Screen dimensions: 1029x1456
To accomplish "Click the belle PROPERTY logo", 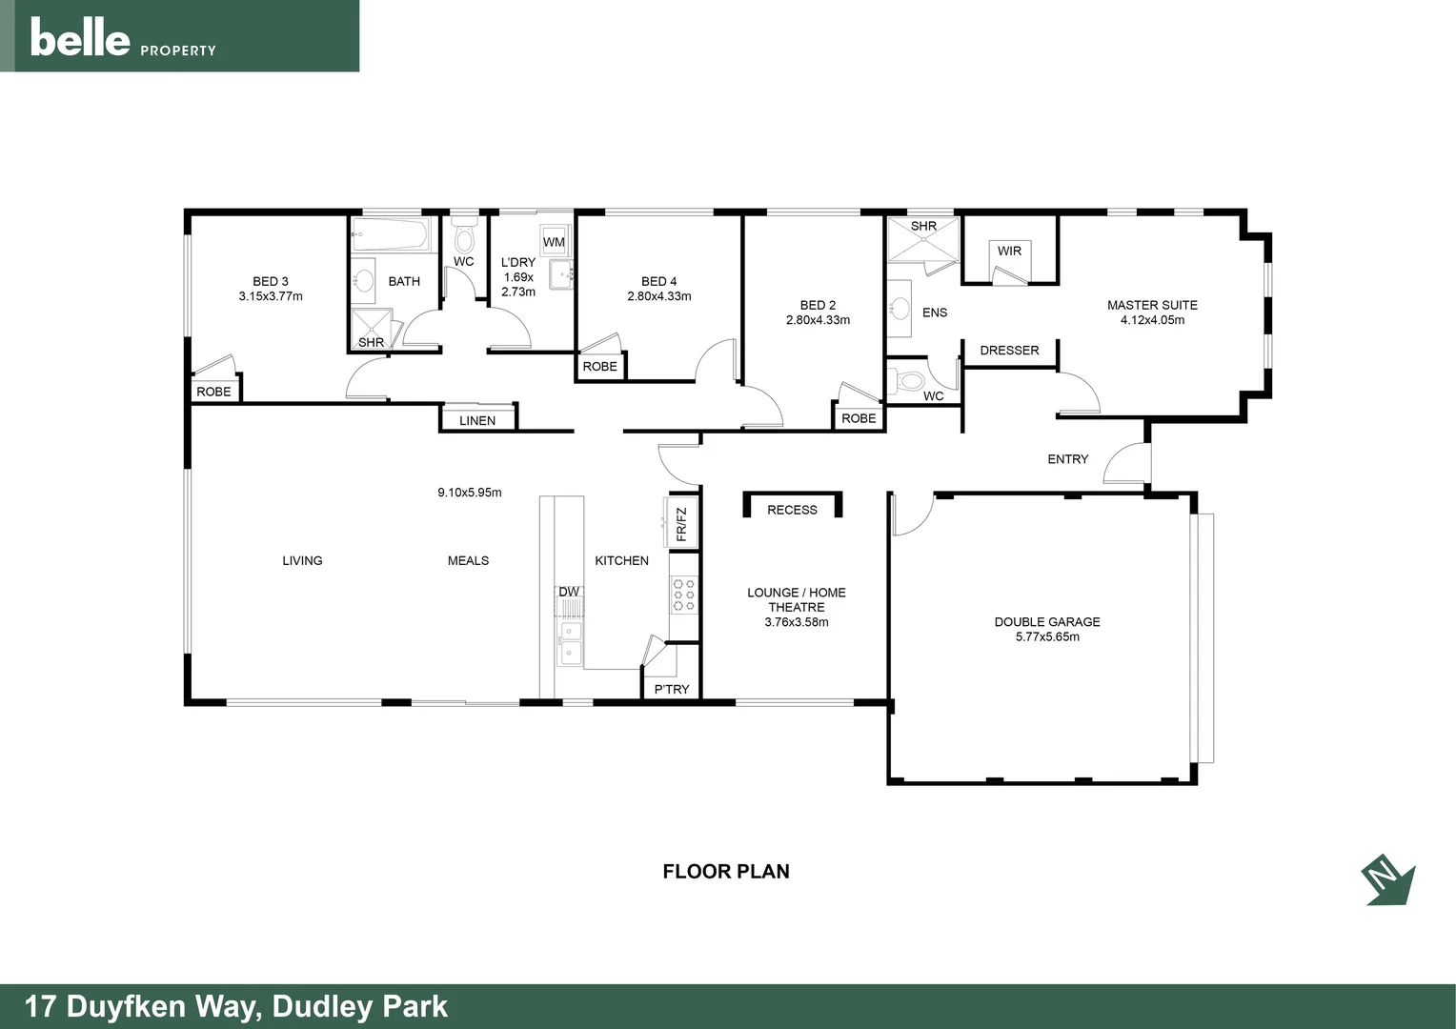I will [123, 39].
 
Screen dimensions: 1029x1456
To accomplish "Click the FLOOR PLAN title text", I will [726, 871].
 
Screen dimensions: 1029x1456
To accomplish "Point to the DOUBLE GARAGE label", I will [1047, 622].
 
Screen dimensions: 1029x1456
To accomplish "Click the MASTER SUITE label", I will [1152, 305].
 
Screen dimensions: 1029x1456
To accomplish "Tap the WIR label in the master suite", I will [1009, 251].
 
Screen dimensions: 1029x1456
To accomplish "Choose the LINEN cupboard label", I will [477, 420].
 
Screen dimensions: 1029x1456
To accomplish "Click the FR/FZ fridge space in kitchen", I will [680, 524].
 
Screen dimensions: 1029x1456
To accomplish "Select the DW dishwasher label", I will [569, 592].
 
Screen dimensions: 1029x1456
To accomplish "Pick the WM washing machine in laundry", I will [554, 242].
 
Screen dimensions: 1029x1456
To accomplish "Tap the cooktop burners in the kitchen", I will [683, 594].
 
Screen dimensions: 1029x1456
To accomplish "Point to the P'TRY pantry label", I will [672, 689].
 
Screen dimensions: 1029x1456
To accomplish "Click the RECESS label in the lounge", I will [792, 510].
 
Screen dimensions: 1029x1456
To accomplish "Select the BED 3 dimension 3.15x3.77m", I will [271, 296].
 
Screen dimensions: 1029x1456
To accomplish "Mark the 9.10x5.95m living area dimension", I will [470, 493].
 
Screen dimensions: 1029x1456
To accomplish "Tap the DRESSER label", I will [1009, 351].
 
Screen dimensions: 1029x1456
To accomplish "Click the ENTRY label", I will [1067, 459].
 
